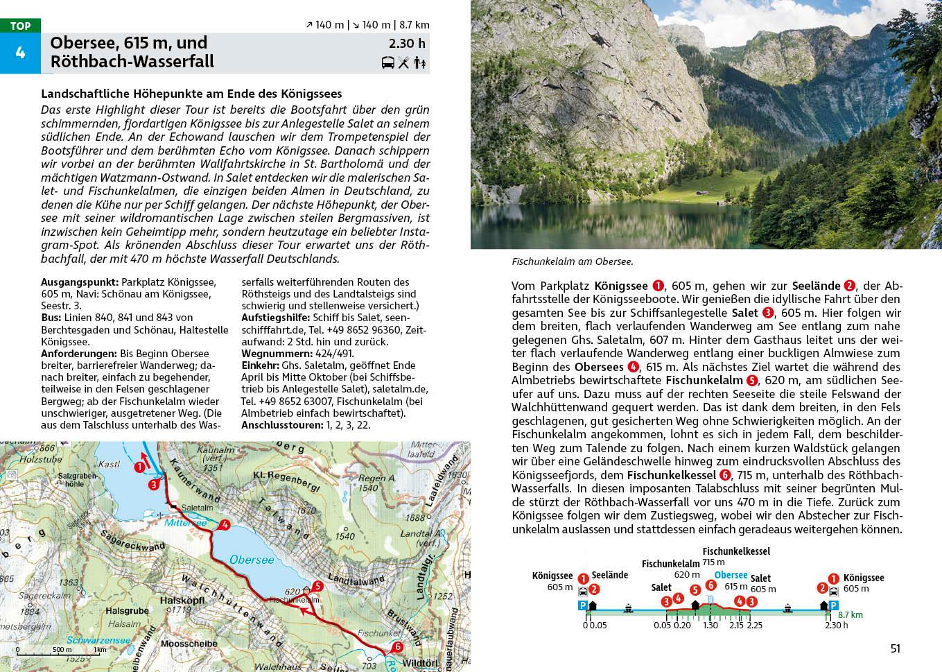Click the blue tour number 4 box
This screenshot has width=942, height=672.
tap(20, 53)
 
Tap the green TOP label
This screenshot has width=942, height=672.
tap(20, 26)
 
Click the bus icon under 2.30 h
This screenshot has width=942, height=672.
tap(387, 63)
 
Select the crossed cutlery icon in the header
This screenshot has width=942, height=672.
tap(403, 63)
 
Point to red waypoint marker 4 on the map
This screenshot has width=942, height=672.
tap(224, 526)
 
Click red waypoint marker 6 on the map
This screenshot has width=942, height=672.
tap(397, 647)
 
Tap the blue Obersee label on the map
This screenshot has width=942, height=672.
tap(252, 559)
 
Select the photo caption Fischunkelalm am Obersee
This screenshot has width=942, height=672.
tap(573, 262)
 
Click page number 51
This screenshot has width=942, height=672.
tap(895, 648)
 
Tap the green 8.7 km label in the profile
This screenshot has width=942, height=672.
tap(850, 614)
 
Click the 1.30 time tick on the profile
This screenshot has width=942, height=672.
tap(710, 625)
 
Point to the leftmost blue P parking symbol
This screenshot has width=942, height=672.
tap(583, 605)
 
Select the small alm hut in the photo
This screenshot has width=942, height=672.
tap(702, 193)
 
